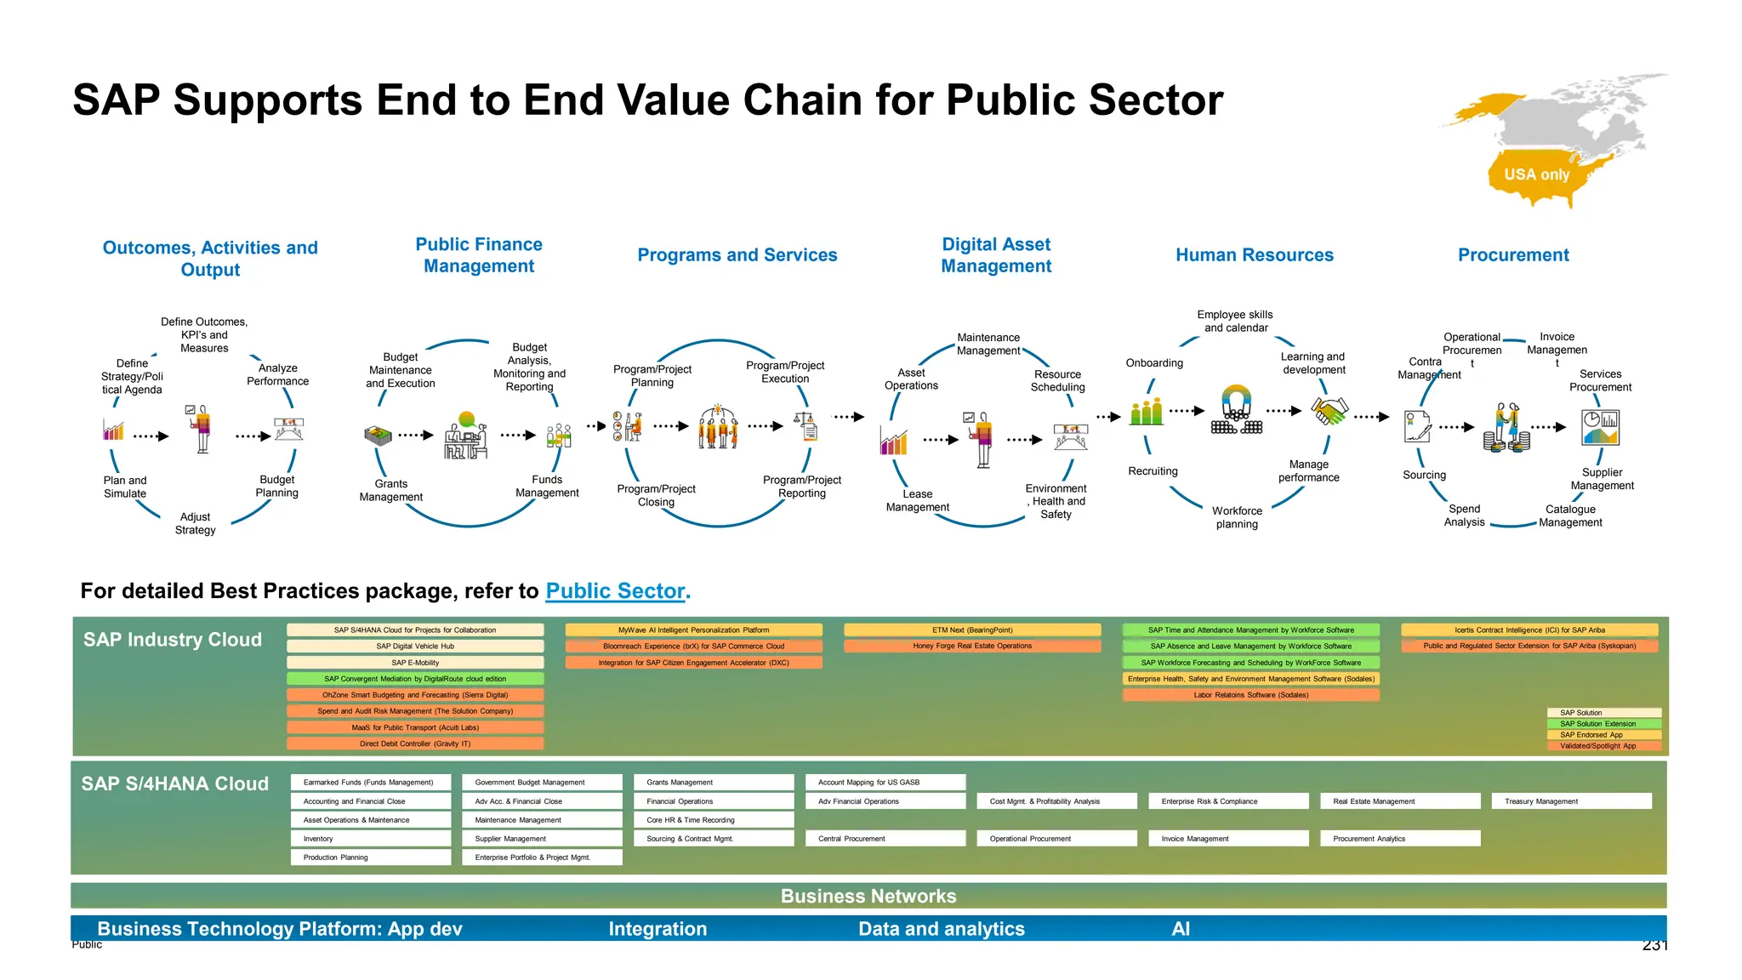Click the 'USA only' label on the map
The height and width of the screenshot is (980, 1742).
click(x=1536, y=174)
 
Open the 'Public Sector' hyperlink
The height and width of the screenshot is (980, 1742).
click(x=615, y=591)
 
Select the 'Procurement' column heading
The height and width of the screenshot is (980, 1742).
click(x=1513, y=255)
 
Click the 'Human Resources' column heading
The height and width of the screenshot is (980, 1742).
click(x=1255, y=255)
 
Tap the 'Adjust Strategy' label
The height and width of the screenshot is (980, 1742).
click(x=195, y=523)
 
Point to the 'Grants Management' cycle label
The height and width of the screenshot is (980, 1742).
click(x=390, y=491)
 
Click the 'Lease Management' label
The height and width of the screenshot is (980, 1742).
click(x=917, y=500)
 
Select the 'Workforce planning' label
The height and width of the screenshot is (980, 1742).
click(x=1237, y=517)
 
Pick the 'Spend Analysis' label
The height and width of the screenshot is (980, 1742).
click(x=1464, y=516)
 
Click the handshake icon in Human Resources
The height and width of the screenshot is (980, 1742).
click(x=1329, y=412)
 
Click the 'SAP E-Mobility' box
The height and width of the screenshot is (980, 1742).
click(x=415, y=663)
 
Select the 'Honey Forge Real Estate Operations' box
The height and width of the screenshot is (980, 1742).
click(x=972, y=647)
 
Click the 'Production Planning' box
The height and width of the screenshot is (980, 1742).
click(x=370, y=857)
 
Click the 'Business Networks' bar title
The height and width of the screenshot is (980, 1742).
click(x=868, y=896)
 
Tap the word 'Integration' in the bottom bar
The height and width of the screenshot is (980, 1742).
click(x=658, y=929)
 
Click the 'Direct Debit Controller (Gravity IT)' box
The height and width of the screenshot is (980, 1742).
click(x=415, y=744)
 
